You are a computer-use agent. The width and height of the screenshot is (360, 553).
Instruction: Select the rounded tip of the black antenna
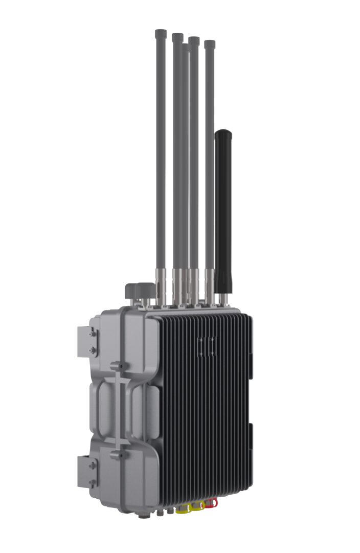pyautogui.click(x=224, y=134)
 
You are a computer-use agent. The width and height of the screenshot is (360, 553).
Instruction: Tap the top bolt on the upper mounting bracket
pyautogui.click(x=92, y=334)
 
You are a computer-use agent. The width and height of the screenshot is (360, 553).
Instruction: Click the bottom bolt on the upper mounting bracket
pyautogui.click(x=92, y=350)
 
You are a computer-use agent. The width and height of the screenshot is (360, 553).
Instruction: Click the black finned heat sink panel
pyautogui.click(x=210, y=409)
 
